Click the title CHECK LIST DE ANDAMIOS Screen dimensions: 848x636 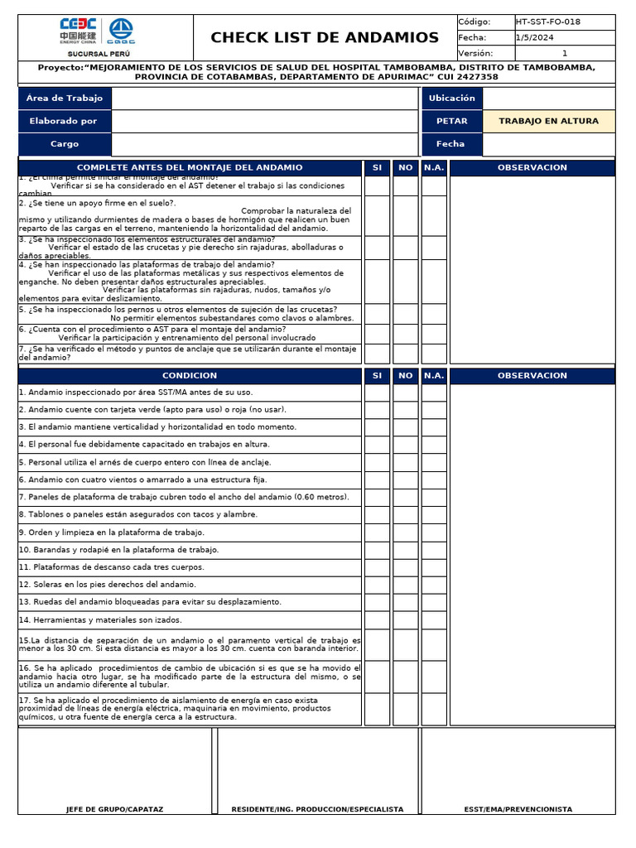point(325,37)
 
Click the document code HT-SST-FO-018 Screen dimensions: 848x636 point(547,22)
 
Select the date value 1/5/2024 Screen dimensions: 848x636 point(535,37)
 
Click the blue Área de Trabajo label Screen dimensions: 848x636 point(65,99)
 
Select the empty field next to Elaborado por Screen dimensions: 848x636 point(265,122)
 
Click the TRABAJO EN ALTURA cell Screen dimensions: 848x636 point(548,122)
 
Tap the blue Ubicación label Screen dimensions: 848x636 point(451,99)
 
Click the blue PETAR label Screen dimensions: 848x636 point(451,122)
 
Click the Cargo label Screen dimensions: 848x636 point(65,144)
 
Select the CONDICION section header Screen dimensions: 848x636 point(190,376)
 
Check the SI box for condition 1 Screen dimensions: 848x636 point(377,393)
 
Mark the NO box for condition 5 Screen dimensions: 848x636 point(405,463)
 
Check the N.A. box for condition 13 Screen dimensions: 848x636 point(434,602)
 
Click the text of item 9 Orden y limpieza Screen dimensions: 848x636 point(112,532)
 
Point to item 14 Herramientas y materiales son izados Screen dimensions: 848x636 point(100,619)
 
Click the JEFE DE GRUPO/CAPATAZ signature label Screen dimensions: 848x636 point(115,809)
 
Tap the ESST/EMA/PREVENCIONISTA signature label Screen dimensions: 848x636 point(518,809)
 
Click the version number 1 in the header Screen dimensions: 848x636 point(565,53)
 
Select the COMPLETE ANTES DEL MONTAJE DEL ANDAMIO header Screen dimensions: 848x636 point(190,168)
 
